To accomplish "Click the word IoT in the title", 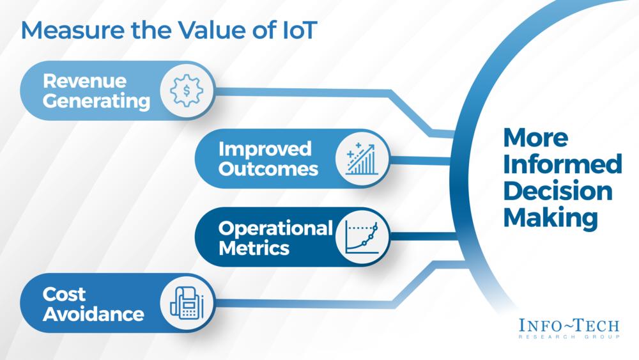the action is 295,30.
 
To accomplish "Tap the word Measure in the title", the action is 73,30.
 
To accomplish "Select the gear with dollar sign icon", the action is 187,91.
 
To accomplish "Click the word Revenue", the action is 85,81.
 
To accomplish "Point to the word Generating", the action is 96,101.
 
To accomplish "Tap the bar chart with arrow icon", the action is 362,159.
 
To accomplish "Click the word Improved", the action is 265,149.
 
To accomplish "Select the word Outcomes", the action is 268,169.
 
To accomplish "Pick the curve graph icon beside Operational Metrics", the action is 362,237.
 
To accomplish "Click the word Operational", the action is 275,229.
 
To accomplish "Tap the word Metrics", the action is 254,248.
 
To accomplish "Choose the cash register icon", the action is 187,302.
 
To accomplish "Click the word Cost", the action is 64,294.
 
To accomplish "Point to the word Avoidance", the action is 93,314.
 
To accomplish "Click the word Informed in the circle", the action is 562,164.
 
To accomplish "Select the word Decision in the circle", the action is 558,191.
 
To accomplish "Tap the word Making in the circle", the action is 551,218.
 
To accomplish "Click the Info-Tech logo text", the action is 569,325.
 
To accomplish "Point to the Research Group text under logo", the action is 569,337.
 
